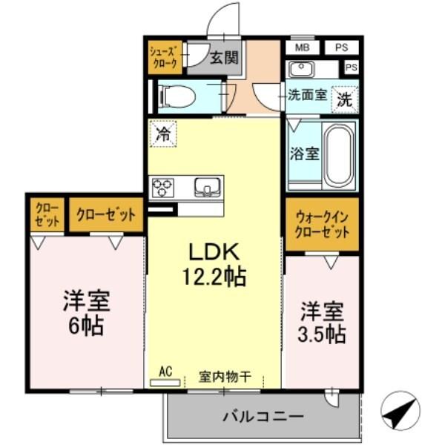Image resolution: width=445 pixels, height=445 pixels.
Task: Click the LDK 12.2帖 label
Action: (x=214, y=263)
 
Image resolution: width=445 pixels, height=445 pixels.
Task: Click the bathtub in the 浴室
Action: (x=340, y=155)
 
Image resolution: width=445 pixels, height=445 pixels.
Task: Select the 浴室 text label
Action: (x=303, y=155)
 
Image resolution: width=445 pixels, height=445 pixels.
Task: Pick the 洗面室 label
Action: (x=307, y=95)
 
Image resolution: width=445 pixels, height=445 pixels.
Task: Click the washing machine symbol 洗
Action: (x=346, y=96)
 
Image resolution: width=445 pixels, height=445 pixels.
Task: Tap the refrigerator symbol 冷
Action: (x=162, y=135)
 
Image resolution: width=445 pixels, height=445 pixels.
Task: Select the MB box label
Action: (x=303, y=47)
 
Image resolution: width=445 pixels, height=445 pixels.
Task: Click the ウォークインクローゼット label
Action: (x=322, y=222)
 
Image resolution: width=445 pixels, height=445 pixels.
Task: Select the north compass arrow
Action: (x=400, y=407)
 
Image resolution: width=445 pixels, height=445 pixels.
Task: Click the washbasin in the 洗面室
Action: (x=302, y=69)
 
